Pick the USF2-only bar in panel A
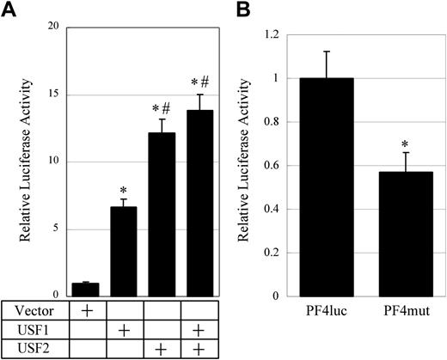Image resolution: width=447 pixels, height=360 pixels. pos(162,215)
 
